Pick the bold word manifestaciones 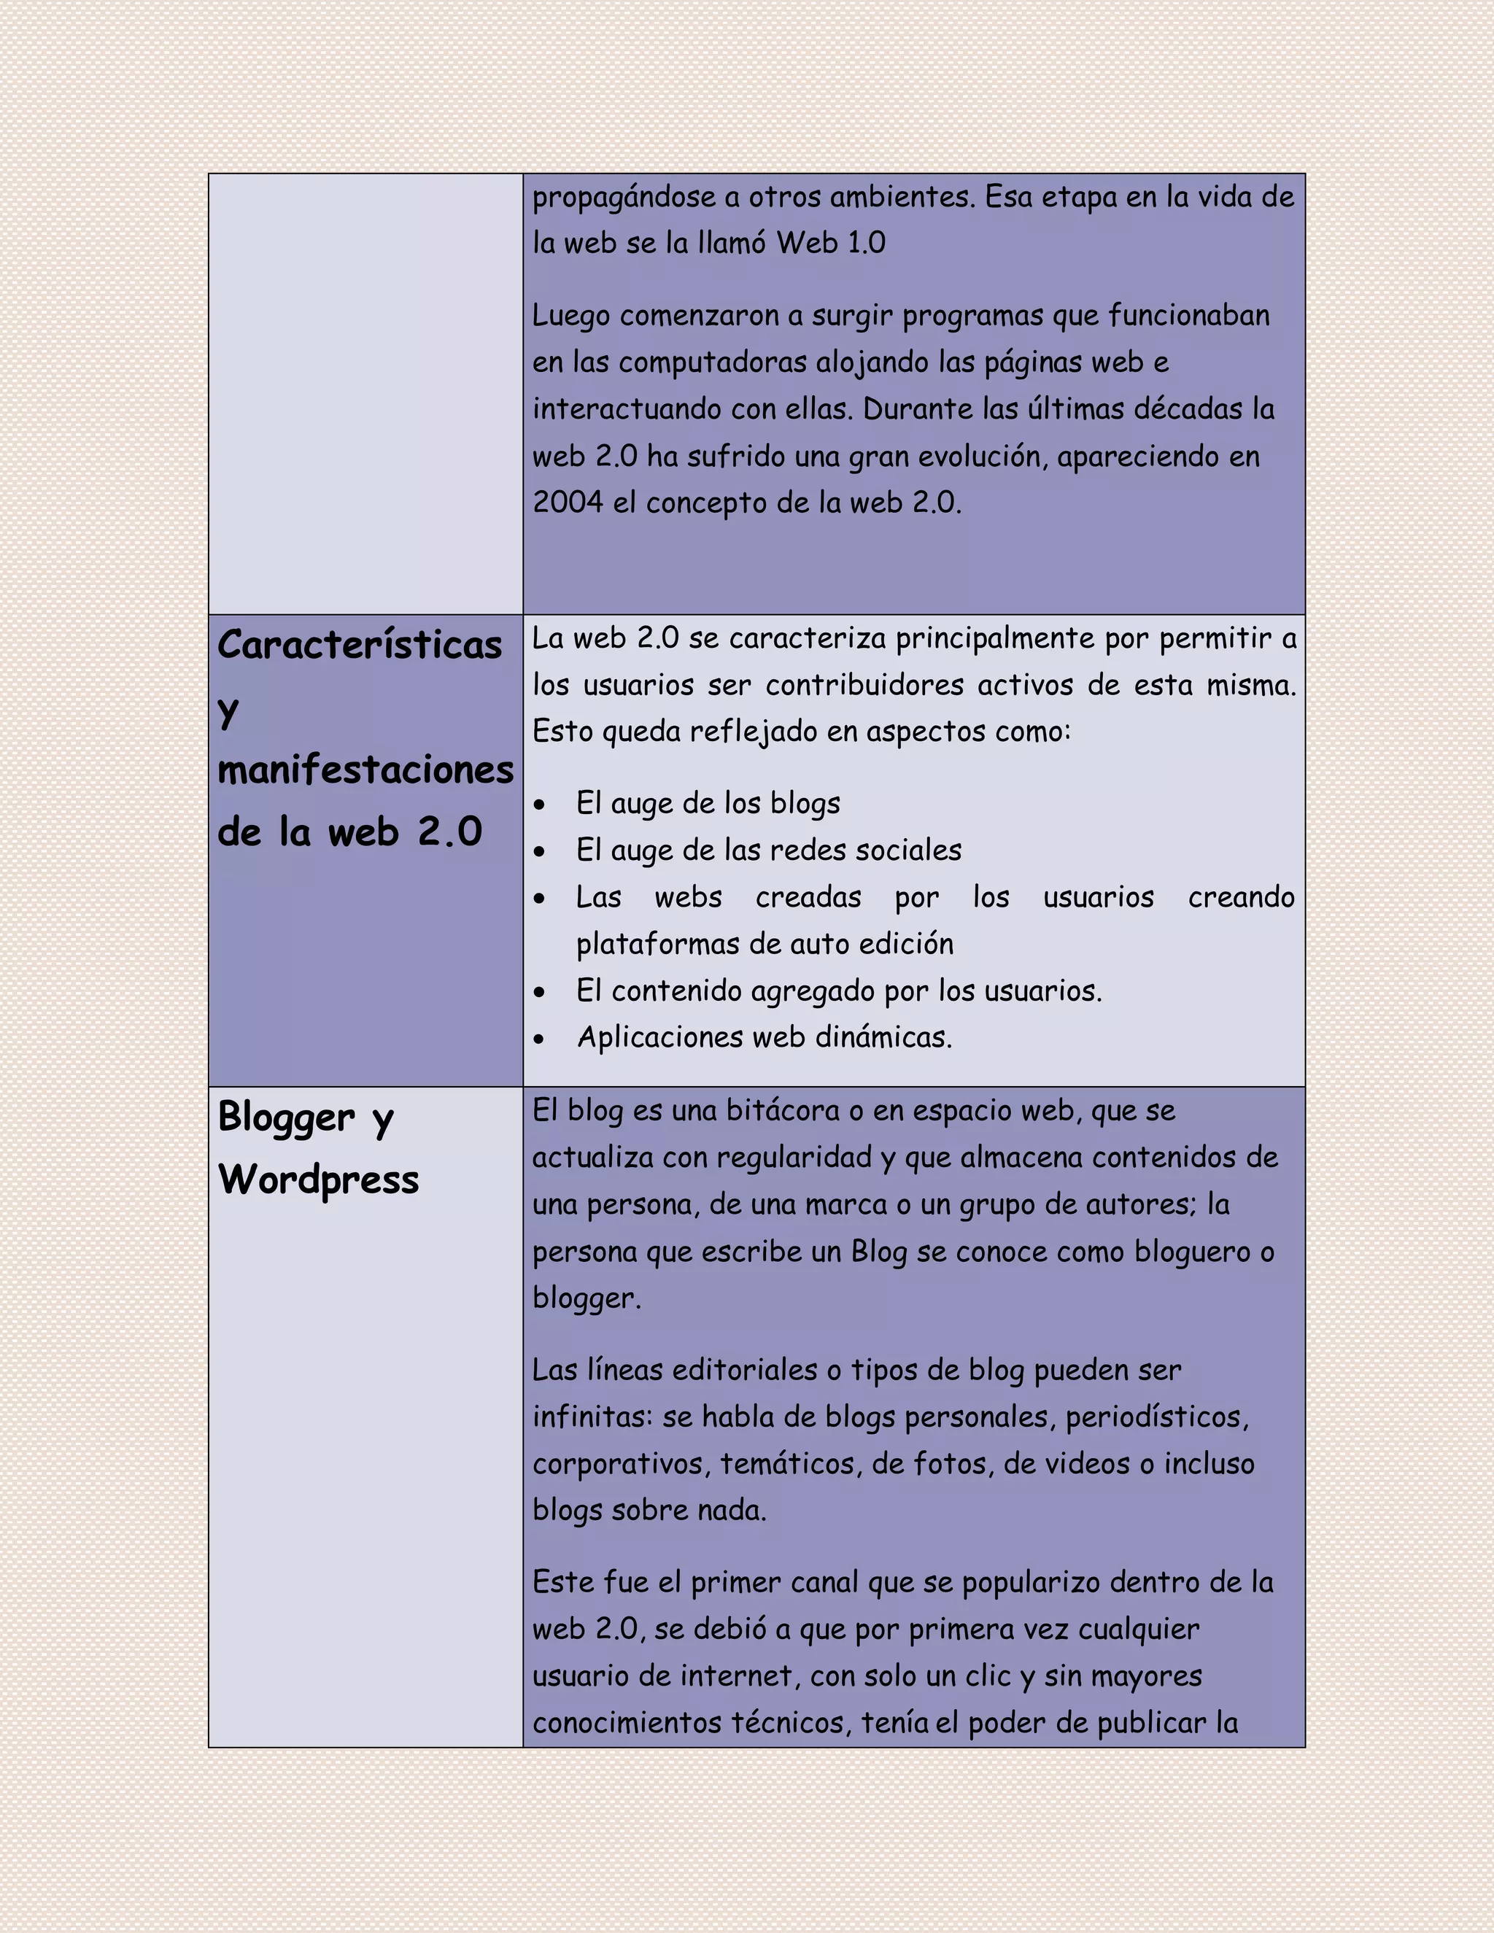(365, 770)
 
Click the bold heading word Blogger (286, 1117)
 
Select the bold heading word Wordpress (319, 1179)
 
